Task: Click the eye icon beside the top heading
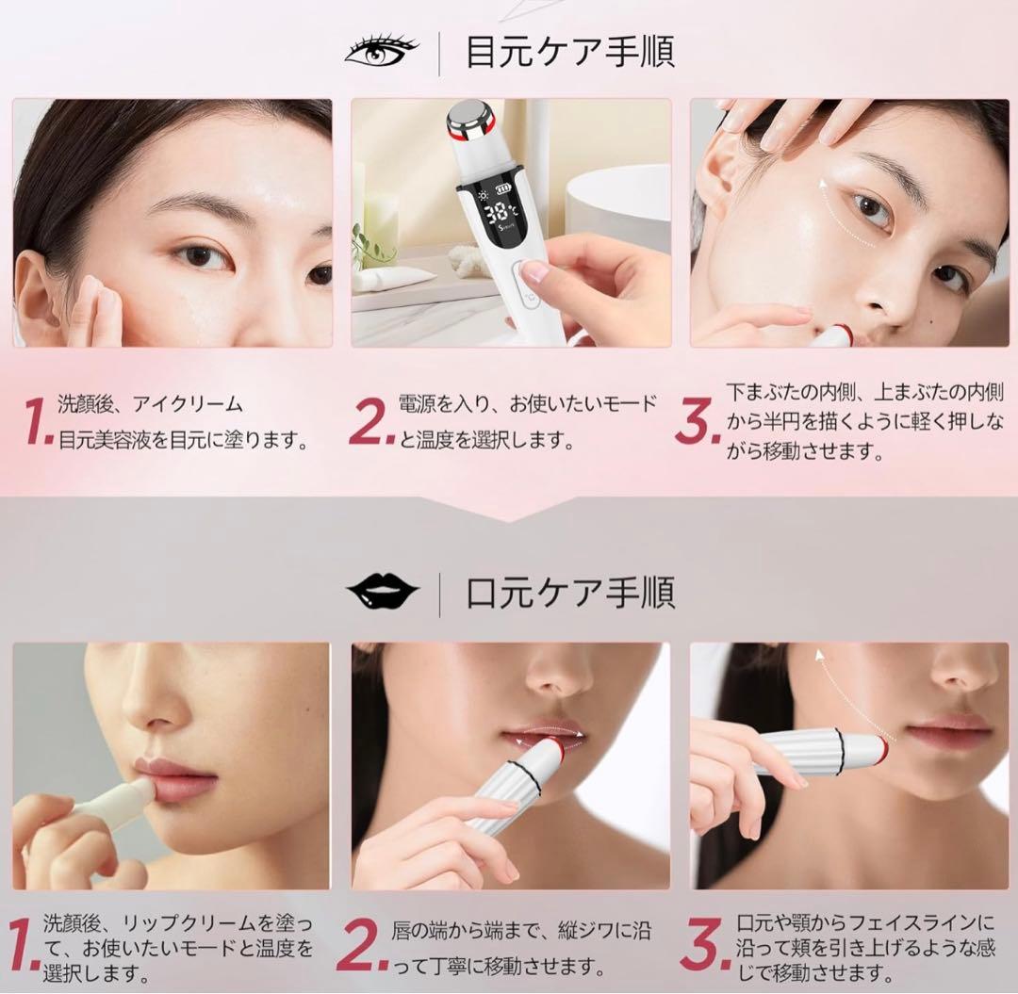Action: (380, 51)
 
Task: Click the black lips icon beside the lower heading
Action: (382, 591)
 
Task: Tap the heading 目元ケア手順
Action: (570, 53)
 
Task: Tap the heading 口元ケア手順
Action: (570, 594)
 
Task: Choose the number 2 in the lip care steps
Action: (360, 947)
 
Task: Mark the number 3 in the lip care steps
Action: (704, 947)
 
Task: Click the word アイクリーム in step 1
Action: (188, 405)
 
